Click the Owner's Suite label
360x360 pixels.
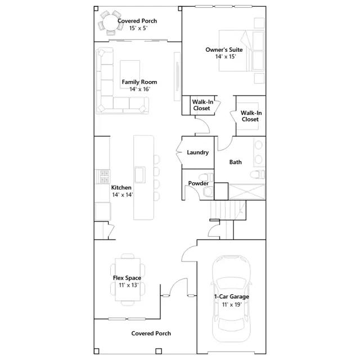click(224, 50)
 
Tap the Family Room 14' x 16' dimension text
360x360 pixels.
click(140, 89)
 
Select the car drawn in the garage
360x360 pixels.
click(231, 299)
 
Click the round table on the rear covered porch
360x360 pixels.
click(111, 22)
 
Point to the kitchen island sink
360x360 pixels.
click(140, 175)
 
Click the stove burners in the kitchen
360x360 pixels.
click(102, 177)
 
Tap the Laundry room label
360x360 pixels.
click(197, 152)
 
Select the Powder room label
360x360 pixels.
click(199, 183)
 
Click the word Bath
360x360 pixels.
click(235, 162)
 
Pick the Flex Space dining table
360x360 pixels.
click(128, 280)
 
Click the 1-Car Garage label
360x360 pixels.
click(231, 296)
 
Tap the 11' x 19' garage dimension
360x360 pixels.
click(232, 305)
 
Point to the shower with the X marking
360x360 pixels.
click(246, 191)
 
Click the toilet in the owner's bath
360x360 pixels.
click(257, 174)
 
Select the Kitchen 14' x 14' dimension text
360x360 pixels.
click(123, 195)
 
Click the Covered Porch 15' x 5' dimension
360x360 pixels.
click(138, 28)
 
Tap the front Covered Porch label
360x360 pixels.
click(151, 334)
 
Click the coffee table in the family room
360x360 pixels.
click(130, 75)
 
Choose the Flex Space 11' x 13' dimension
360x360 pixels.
click(129, 285)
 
